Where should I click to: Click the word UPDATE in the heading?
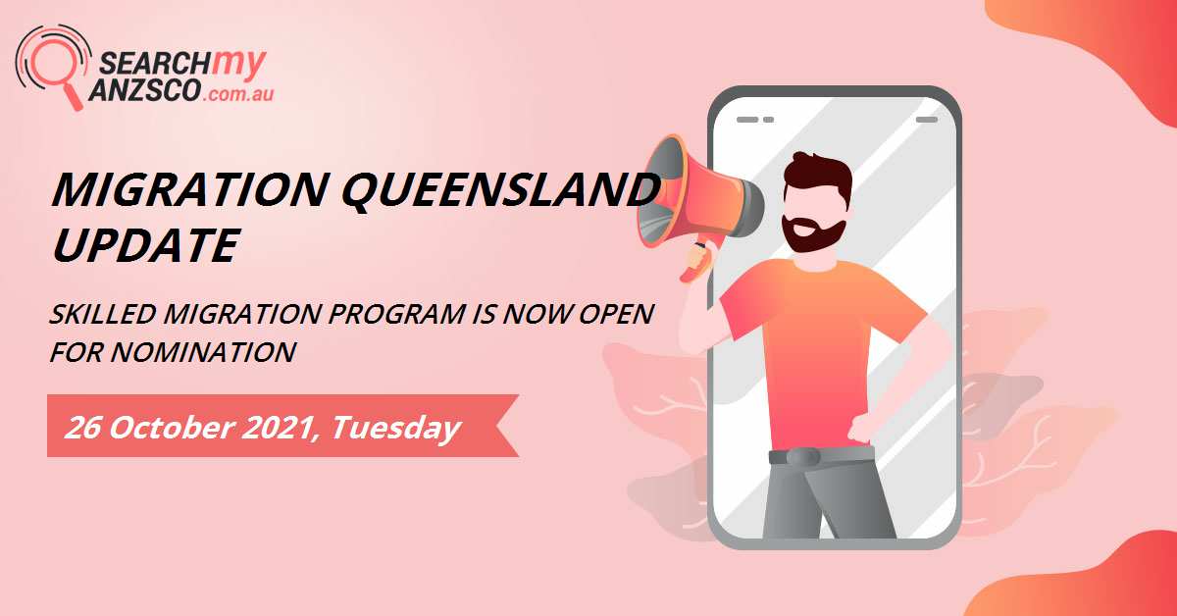(x=143, y=244)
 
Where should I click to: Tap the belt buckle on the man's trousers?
(x=803, y=456)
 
